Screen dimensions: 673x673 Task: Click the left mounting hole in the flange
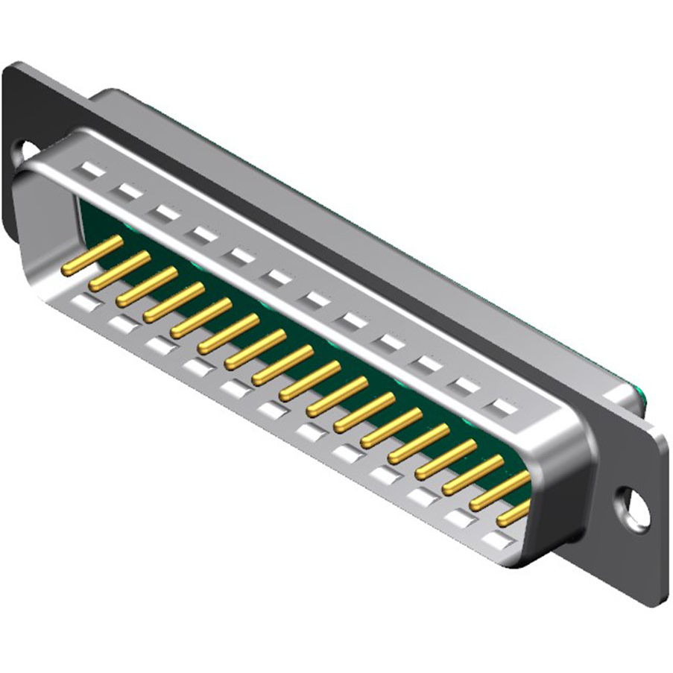(28, 151)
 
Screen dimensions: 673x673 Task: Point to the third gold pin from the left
(146, 285)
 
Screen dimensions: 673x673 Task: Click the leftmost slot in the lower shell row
(84, 303)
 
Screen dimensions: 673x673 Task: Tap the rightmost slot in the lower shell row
(494, 537)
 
